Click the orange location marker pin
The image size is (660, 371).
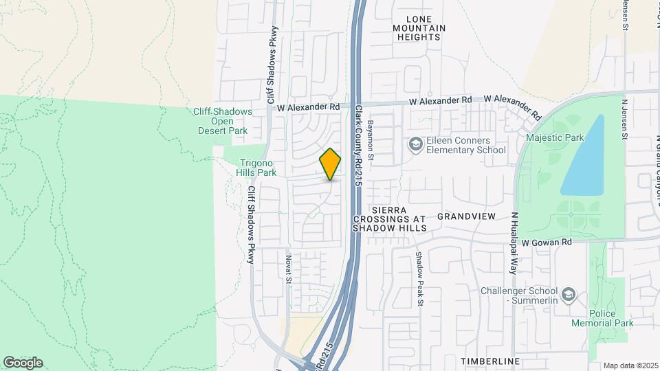coord(330,164)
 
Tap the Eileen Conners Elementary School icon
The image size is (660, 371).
coord(415,144)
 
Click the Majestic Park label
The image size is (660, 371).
coord(554,137)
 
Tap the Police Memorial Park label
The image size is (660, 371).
coord(604,318)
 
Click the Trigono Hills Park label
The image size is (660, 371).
coord(257,168)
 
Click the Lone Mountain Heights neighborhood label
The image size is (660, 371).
coord(419,28)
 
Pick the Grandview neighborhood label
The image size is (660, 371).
coord(466,216)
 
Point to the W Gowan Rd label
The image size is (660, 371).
coord(547,243)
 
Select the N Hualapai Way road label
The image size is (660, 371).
coord(513,243)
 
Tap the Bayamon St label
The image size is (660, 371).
coord(370,140)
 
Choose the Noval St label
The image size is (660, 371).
coord(289,269)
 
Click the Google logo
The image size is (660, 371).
coord(23,362)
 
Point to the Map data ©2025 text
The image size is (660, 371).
coord(630,366)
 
